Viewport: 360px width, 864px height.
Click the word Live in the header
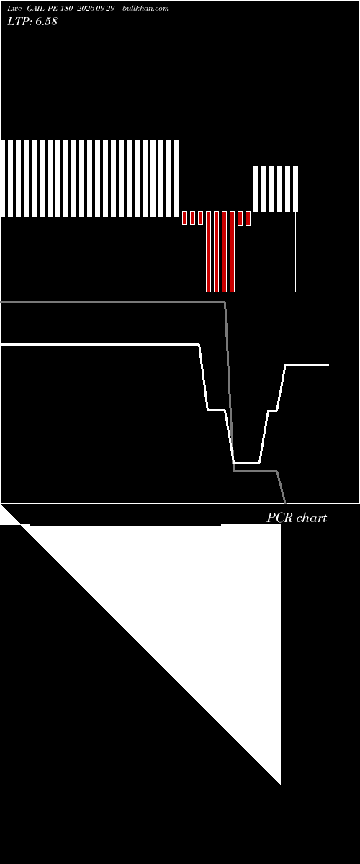[x=14, y=9]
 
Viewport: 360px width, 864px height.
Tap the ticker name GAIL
[x=35, y=9]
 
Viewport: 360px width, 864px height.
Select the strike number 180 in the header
[x=66, y=9]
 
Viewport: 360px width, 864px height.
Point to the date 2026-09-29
[x=95, y=9]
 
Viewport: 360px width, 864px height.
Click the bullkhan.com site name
[x=145, y=9]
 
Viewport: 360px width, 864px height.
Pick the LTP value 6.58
[x=46, y=21]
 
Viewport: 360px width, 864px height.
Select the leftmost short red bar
[x=184, y=217]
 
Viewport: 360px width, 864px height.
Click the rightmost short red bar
[x=248, y=218]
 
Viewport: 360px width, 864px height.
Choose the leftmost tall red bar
[x=208, y=251]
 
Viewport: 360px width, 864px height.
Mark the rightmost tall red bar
[x=233, y=251]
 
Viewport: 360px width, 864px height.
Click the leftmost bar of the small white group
[x=256, y=189]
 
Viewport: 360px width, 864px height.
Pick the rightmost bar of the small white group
[x=296, y=189]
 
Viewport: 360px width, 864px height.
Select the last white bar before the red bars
[x=176, y=179]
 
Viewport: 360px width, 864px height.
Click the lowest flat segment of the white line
[x=246, y=462]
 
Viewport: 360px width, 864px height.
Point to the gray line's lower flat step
[x=255, y=471]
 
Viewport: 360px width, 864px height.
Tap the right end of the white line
[x=329, y=364]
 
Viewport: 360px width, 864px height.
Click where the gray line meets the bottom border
[x=286, y=503]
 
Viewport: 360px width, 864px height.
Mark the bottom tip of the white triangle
[x=281, y=784]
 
